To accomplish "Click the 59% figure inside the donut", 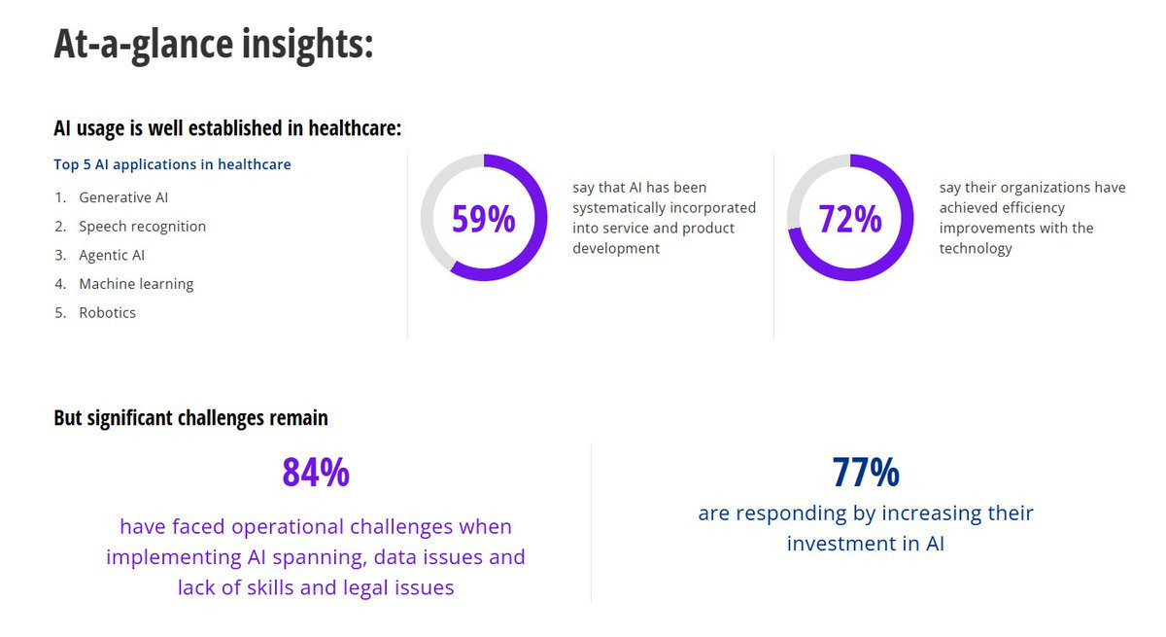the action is pyautogui.click(x=484, y=218).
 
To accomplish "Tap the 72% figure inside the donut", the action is pyautogui.click(x=850, y=218).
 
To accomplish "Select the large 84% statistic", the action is pyautogui.click(x=316, y=473).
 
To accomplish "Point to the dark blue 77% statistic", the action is pyautogui.click(x=866, y=473).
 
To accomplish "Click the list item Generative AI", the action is pyautogui.click(x=123, y=197).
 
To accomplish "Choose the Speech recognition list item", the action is pyautogui.click(x=142, y=227).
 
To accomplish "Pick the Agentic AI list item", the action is pyautogui.click(x=112, y=255).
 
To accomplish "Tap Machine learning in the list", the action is pyautogui.click(x=136, y=284).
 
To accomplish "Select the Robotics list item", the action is pyautogui.click(x=107, y=312).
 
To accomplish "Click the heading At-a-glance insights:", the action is pyautogui.click(x=214, y=45).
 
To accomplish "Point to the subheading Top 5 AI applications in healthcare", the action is pyautogui.click(x=172, y=164).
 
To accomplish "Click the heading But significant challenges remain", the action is pyautogui.click(x=190, y=418).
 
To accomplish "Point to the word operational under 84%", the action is pyautogui.click(x=288, y=526).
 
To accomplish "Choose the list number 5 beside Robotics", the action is pyautogui.click(x=59, y=312).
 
